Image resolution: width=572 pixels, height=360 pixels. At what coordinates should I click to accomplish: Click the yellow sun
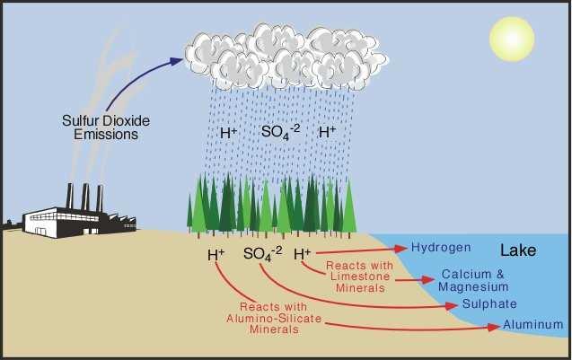pos(512,39)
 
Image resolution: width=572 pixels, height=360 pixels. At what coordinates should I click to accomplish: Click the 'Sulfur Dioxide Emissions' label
pos(106,127)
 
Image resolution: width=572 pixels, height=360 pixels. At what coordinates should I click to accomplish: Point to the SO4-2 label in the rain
pos(280,132)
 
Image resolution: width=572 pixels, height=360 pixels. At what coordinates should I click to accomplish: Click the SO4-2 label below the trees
pos(262,253)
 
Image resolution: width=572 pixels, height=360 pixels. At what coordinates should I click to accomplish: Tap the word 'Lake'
pos(518,250)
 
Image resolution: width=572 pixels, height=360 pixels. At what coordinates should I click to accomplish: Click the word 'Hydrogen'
pos(441,248)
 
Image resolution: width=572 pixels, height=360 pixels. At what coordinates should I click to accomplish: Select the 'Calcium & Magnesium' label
pos(473,280)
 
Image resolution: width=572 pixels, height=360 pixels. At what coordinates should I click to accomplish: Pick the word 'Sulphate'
pos(489,303)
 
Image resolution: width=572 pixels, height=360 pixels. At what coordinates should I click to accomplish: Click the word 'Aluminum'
pos(533,324)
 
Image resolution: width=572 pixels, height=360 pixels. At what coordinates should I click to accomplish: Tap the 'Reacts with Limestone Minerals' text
pos(360,277)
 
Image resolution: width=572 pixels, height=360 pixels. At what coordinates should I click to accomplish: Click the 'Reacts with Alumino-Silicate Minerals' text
pos(274,318)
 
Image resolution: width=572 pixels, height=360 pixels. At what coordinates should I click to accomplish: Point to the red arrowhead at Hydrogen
pos(400,249)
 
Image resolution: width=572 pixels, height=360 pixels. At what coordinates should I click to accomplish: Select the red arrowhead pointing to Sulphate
pos(452,305)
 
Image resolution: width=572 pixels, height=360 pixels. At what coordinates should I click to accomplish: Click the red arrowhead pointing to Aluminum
pos(494,327)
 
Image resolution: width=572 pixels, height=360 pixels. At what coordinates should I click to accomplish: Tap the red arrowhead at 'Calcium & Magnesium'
pos(427,280)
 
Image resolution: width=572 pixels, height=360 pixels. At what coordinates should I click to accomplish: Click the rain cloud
pos(286,57)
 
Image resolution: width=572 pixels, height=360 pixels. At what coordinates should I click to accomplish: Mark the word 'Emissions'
pos(106,135)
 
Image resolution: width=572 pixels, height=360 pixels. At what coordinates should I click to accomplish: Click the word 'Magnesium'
pos(473,287)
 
